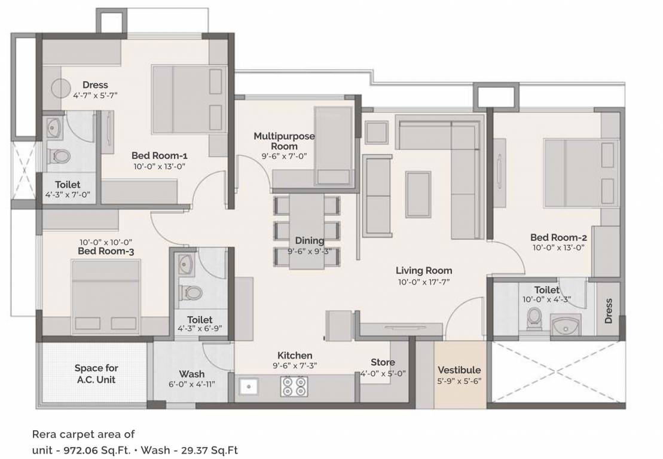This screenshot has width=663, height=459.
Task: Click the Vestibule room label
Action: pos(459,370)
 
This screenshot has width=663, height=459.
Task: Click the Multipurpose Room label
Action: pos(284,141)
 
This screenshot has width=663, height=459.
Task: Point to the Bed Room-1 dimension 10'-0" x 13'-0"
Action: pos(159,167)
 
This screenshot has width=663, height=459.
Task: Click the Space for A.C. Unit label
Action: pos(96,374)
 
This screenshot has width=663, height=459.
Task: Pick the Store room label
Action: pos(383,362)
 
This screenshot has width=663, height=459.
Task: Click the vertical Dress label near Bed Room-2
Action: pos(609,311)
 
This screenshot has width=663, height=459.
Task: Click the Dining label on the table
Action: pos(309,241)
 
